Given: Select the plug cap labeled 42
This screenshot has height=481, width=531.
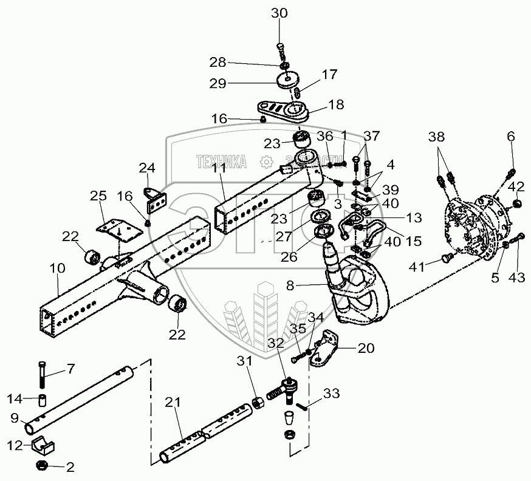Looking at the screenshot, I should click(x=517, y=203).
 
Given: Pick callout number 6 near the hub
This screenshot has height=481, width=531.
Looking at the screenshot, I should click(x=511, y=137).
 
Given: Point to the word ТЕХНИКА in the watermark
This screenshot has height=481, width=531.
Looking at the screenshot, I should click(x=221, y=161).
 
